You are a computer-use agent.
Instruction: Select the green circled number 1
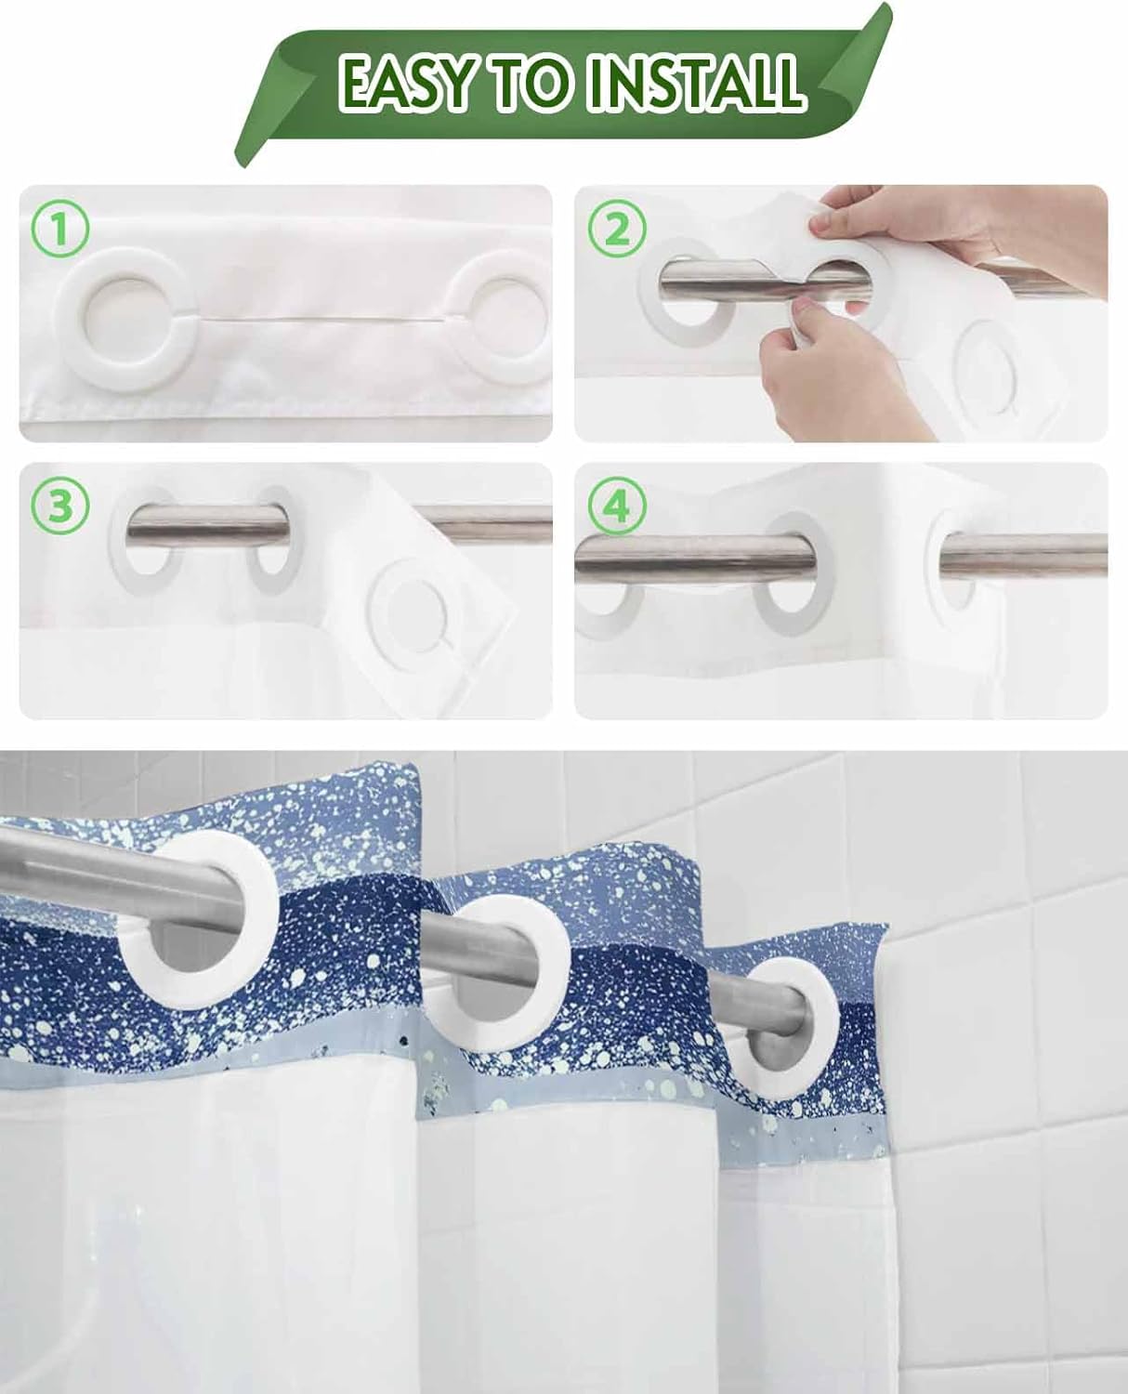coord(59,228)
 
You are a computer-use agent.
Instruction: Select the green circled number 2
coord(616,229)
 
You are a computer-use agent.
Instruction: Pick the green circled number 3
coord(59,506)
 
